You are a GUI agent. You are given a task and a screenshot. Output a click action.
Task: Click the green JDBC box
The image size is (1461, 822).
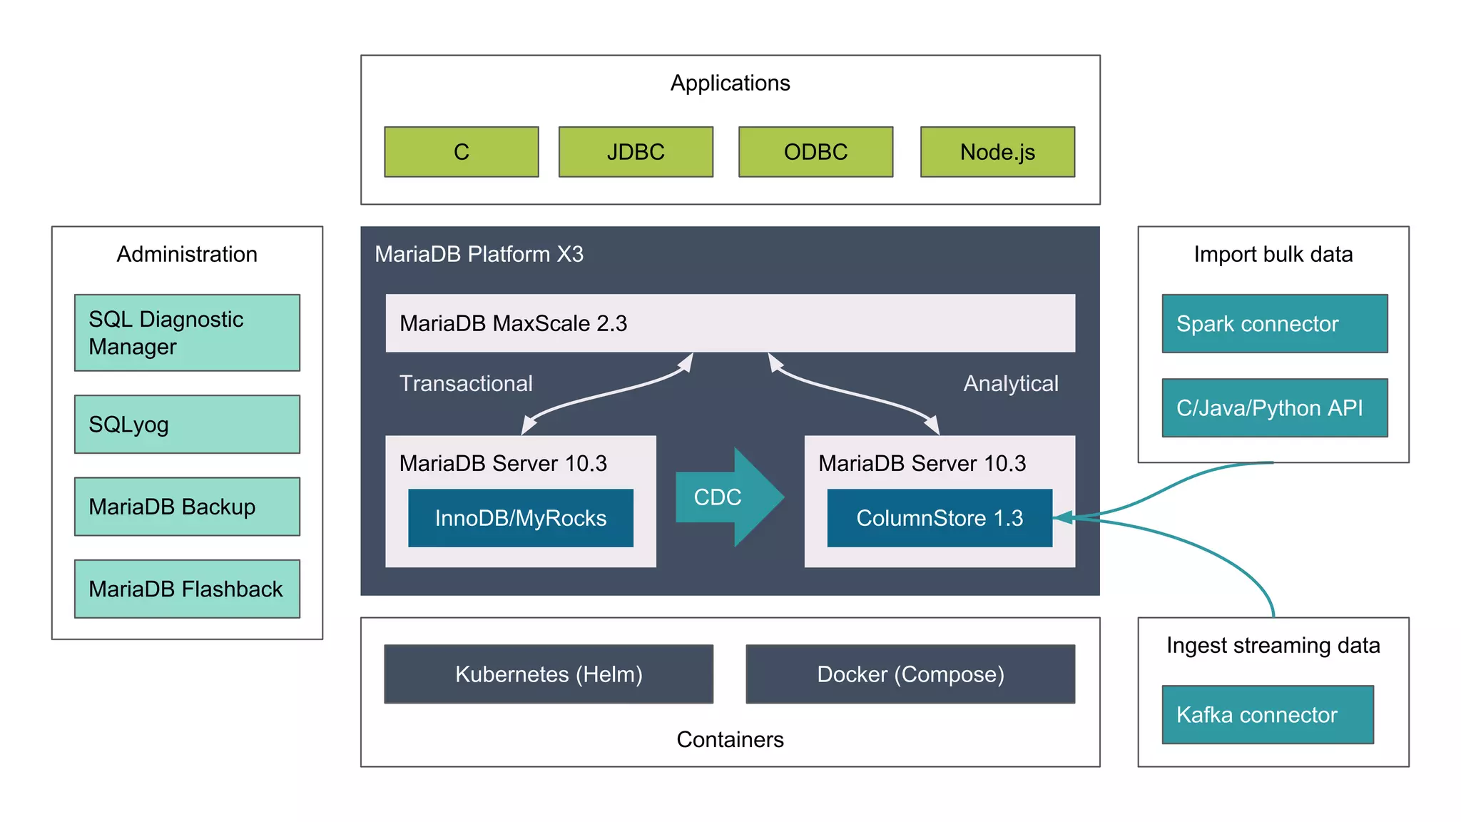coord(636,152)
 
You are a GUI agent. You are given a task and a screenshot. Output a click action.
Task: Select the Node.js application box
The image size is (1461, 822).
coord(997,152)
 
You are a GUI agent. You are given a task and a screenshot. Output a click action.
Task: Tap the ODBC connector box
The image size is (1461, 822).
coord(815,152)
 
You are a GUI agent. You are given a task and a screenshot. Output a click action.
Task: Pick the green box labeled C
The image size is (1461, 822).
coord(462,152)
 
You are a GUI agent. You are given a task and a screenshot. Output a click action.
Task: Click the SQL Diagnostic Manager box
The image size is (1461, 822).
coord(187,333)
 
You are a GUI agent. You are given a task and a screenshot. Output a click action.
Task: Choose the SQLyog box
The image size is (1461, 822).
coord(187,425)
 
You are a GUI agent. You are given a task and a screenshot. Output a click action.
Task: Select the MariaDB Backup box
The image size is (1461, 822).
coord(187,507)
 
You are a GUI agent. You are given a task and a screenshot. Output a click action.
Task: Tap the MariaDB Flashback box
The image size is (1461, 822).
coord(187,589)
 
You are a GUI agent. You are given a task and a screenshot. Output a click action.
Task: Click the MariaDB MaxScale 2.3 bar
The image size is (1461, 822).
coord(730,323)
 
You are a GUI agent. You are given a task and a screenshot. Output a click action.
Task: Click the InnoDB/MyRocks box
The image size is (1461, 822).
coord(521,518)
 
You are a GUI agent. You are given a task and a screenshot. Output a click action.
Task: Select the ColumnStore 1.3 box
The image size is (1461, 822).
coord(940,518)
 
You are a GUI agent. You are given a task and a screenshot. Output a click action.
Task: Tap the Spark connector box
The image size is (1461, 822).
coord(1275,324)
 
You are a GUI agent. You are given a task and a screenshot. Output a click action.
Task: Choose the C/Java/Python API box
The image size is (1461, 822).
coord(1275,408)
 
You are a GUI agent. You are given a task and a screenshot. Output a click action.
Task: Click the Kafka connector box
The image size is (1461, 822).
coord(1268,715)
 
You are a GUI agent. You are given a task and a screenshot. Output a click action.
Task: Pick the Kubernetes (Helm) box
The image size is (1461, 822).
coord(549,674)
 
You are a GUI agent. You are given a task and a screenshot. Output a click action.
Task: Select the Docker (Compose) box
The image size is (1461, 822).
coord(910,674)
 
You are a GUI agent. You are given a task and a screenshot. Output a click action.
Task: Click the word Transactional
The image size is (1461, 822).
coord(466,384)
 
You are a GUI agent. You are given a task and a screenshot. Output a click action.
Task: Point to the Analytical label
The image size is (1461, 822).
coord(1011,384)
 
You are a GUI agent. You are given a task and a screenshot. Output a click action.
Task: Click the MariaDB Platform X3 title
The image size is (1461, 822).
coord(479,254)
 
